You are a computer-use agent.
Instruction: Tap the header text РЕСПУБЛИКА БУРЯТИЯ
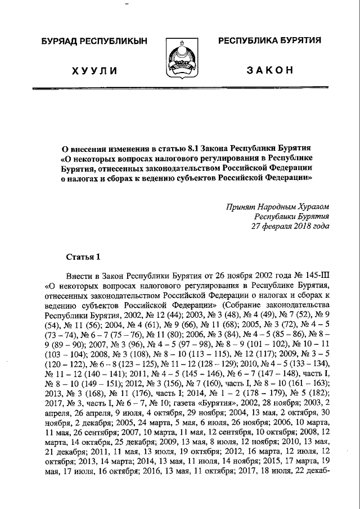click(269, 40)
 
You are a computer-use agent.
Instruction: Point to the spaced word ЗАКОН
click(269, 70)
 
